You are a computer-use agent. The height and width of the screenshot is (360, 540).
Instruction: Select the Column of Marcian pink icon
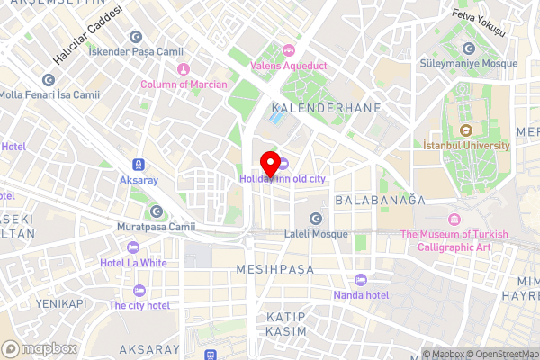coord(183,69)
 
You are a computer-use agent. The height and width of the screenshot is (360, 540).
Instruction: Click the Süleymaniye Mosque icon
coord(468,49)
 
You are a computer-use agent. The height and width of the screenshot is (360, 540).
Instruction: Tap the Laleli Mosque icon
coord(316,219)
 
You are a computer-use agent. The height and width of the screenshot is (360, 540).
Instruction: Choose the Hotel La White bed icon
coord(133,247)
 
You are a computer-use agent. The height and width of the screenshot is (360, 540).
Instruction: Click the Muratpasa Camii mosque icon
coord(157,211)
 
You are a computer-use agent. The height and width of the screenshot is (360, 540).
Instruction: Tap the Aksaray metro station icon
coord(139,165)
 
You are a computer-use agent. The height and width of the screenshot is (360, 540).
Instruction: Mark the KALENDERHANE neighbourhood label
coord(328,108)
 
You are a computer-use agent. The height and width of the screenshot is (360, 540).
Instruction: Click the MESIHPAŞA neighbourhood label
coord(274,269)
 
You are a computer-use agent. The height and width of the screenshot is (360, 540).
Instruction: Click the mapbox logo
coord(39,348)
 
